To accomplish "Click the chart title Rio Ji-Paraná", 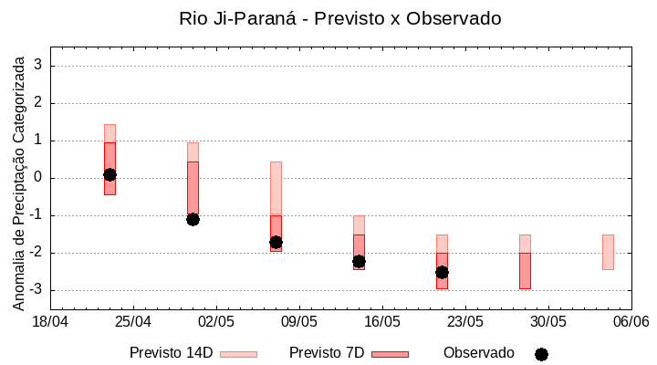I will click(x=340, y=18).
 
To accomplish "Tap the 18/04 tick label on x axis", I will click(x=50, y=322).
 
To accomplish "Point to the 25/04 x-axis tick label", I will click(x=133, y=322).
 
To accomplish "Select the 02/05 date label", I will click(x=216, y=322).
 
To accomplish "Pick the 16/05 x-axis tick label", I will click(x=382, y=322).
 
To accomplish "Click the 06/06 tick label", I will click(x=631, y=322).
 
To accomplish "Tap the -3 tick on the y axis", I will click(x=36, y=290).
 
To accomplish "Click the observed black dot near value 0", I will click(x=109, y=174).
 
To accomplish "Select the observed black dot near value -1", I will click(x=193, y=219).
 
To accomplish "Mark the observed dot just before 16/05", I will click(x=359, y=261).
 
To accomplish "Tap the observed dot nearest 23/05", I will click(x=442, y=272).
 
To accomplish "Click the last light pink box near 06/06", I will click(x=608, y=252).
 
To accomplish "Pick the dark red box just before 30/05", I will click(x=525, y=271).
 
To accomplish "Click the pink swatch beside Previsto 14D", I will click(x=239, y=354).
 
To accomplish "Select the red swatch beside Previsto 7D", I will click(x=390, y=354).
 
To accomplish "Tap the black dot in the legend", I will click(x=541, y=354).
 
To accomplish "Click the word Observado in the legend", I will click(x=479, y=352).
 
